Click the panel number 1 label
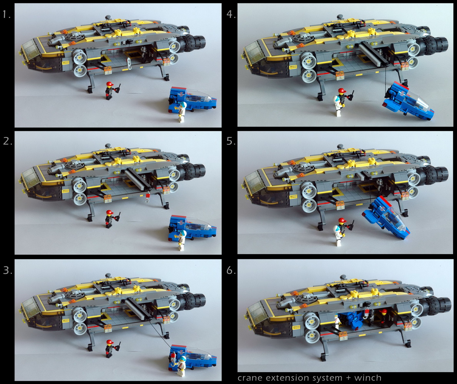pos(7,14)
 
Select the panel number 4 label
pos(231,14)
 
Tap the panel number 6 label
pos(231,270)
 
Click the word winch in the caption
pos(368,378)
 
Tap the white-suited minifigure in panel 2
pos(182,240)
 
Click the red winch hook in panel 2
pos(148,197)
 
